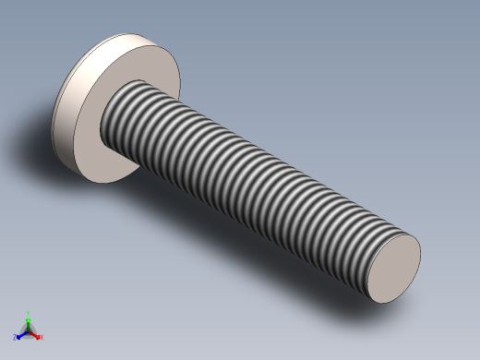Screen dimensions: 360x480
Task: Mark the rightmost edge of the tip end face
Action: coord(420,249)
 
